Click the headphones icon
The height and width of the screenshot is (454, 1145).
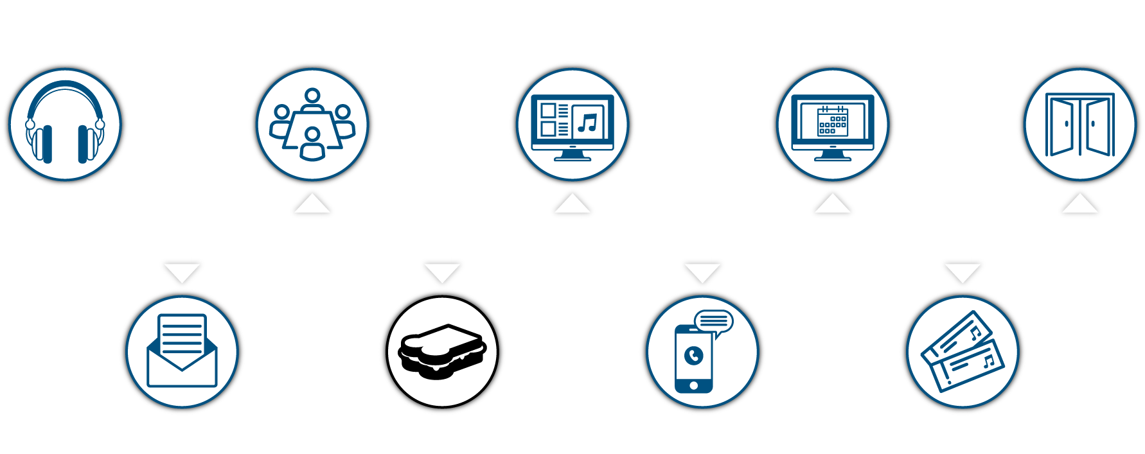tap(65, 123)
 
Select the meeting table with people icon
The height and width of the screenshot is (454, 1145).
tap(312, 124)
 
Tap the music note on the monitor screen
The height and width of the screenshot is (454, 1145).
tap(587, 122)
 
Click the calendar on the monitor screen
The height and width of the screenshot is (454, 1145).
tap(832, 121)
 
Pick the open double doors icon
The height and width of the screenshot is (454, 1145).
tap(1079, 125)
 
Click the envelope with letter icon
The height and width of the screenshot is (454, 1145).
tap(182, 351)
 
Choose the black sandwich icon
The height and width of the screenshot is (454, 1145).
tap(442, 352)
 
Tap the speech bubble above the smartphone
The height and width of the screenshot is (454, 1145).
tap(714, 321)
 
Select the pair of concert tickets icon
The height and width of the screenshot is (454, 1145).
tap(962, 351)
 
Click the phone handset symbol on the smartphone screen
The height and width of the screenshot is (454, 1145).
tap(694, 355)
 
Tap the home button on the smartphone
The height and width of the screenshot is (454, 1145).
tap(693, 385)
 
